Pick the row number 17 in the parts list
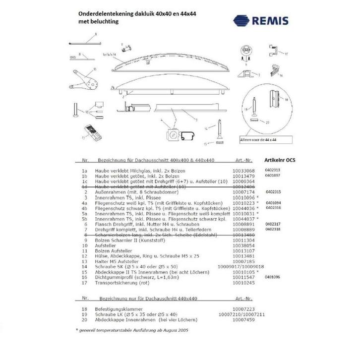85,283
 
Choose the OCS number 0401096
273,277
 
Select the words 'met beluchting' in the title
98,22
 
